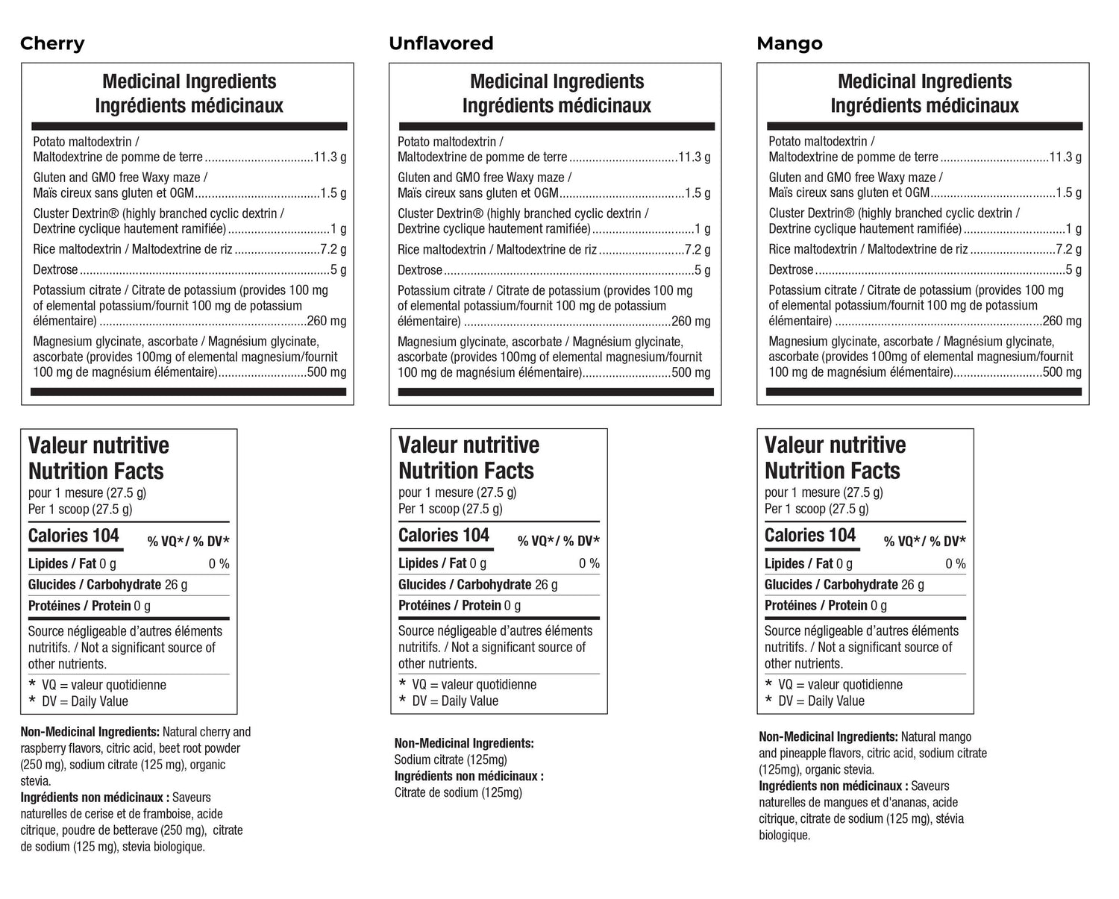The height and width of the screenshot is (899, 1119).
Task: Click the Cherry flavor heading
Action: click(x=52, y=43)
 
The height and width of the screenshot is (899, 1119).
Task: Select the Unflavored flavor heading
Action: click(x=441, y=43)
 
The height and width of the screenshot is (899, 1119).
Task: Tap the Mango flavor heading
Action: click(x=789, y=43)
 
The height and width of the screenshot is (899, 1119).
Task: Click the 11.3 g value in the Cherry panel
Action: click(x=330, y=157)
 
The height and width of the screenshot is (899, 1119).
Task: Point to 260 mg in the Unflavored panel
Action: click(x=691, y=322)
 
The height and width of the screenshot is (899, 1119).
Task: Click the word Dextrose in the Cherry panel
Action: click(x=55, y=270)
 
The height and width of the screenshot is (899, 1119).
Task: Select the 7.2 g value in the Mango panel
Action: click(x=1068, y=249)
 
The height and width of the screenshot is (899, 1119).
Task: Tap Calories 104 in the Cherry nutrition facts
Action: click(x=73, y=536)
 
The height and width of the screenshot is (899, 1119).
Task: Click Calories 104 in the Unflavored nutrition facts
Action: click(x=443, y=536)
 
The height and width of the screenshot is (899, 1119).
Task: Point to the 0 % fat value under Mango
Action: click(x=955, y=564)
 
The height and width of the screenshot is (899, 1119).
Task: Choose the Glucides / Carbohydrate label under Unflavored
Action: click(x=465, y=585)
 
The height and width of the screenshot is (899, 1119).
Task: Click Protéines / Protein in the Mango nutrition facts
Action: click(x=816, y=606)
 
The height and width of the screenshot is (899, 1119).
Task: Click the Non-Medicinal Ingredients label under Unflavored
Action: click(x=464, y=743)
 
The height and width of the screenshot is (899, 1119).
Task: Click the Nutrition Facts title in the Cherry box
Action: click(x=95, y=472)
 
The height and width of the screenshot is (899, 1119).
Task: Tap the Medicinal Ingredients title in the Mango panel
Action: click(x=924, y=81)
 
